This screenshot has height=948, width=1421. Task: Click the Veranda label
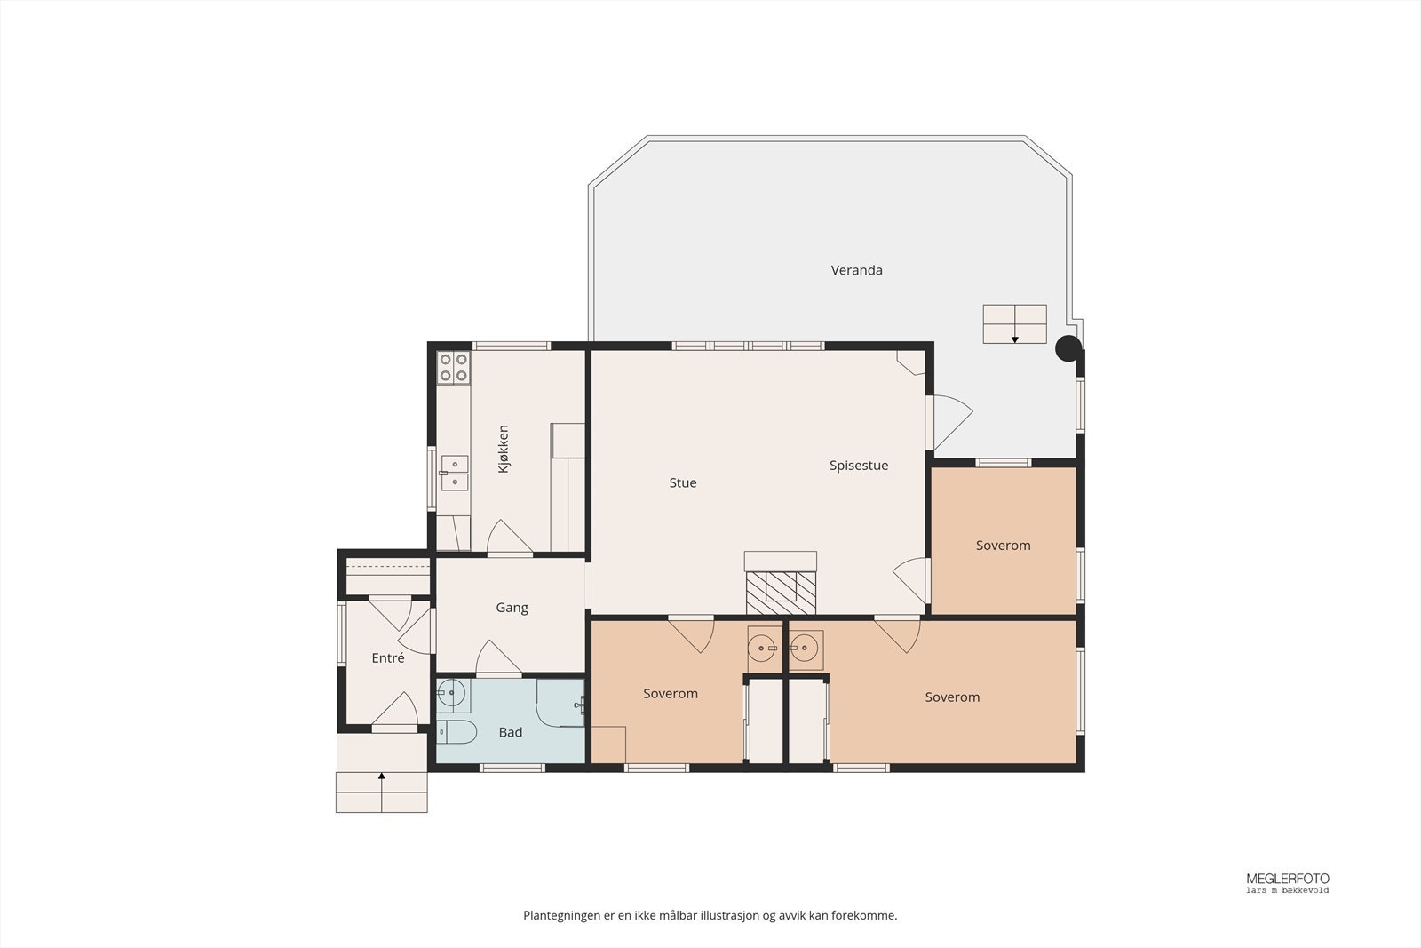click(x=856, y=270)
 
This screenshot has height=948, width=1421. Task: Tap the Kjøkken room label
click(x=504, y=449)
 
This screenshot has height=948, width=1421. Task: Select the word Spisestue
click(x=858, y=466)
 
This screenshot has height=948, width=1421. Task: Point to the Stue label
click(x=683, y=482)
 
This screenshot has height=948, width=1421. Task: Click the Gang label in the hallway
click(x=512, y=608)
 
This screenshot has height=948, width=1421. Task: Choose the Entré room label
click(x=387, y=658)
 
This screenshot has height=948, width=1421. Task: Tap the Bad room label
click(x=511, y=732)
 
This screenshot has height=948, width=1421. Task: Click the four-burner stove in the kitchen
click(x=454, y=368)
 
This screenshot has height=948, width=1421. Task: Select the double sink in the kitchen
click(x=455, y=473)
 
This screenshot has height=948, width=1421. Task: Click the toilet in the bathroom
click(x=456, y=731)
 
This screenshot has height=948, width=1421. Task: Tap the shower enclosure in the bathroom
click(x=560, y=703)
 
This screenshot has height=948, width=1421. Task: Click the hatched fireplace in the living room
click(x=781, y=593)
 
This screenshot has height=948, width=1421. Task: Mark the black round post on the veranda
click(x=1068, y=348)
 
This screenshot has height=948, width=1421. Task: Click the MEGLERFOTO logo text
click(x=1287, y=879)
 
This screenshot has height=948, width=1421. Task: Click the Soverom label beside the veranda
click(x=1003, y=545)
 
